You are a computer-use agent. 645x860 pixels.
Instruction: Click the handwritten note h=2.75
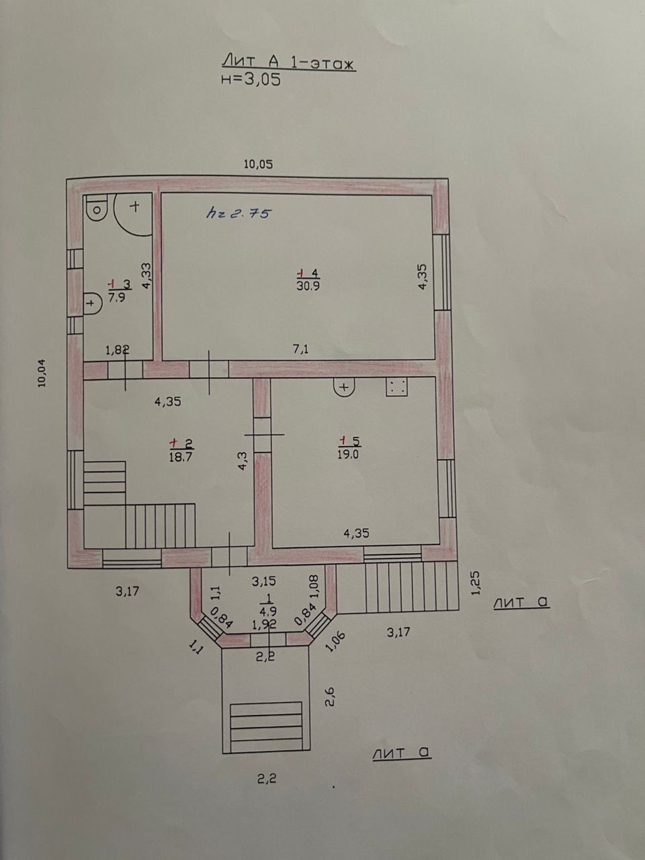click(x=239, y=214)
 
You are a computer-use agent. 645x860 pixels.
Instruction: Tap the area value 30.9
click(x=308, y=286)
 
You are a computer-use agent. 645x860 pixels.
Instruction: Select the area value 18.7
click(x=181, y=457)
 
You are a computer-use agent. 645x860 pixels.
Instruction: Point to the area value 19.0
click(x=348, y=454)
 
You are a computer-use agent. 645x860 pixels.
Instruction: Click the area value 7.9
click(x=117, y=297)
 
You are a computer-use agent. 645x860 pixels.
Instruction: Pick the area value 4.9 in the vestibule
click(x=269, y=611)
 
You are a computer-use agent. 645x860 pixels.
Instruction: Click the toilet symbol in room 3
click(x=97, y=208)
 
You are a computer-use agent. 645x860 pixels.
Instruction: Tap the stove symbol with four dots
click(x=396, y=386)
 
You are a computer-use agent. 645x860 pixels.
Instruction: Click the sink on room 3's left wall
click(x=92, y=303)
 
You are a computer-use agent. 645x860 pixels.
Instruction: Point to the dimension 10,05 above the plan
click(x=258, y=164)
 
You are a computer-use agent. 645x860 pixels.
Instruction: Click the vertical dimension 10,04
click(x=42, y=373)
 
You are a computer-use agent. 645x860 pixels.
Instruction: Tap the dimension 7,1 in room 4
click(x=300, y=349)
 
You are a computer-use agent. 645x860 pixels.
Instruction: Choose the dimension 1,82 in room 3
click(x=118, y=349)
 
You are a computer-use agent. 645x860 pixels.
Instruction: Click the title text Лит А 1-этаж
click(x=289, y=62)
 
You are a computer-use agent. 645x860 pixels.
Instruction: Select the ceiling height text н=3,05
click(x=251, y=79)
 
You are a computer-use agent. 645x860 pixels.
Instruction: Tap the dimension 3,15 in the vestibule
click(x=263, y=581)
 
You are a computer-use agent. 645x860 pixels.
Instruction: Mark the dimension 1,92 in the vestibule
click(x=264, y=624)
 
